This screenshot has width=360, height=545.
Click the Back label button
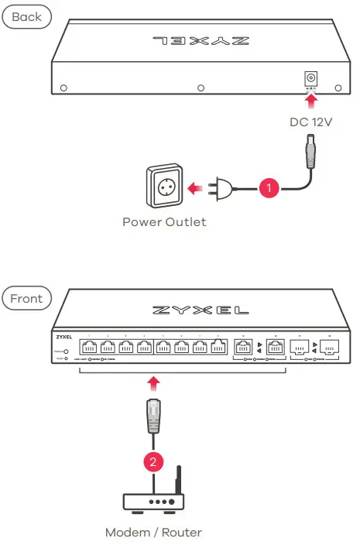(x=26, y=16)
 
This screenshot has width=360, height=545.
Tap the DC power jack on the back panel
(x=312, y=77)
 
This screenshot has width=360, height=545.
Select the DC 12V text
(x=311, y=122)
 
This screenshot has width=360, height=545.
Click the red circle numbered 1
(x=268, y=187)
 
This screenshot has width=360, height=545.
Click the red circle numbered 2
(x=153, y=462)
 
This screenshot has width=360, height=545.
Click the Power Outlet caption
(x=164, y=222)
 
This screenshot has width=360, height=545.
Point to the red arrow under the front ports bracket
(x=153, y=382)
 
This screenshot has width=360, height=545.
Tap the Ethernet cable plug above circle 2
(x=153, y=416)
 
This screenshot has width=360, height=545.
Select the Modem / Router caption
(x=153, y=532)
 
